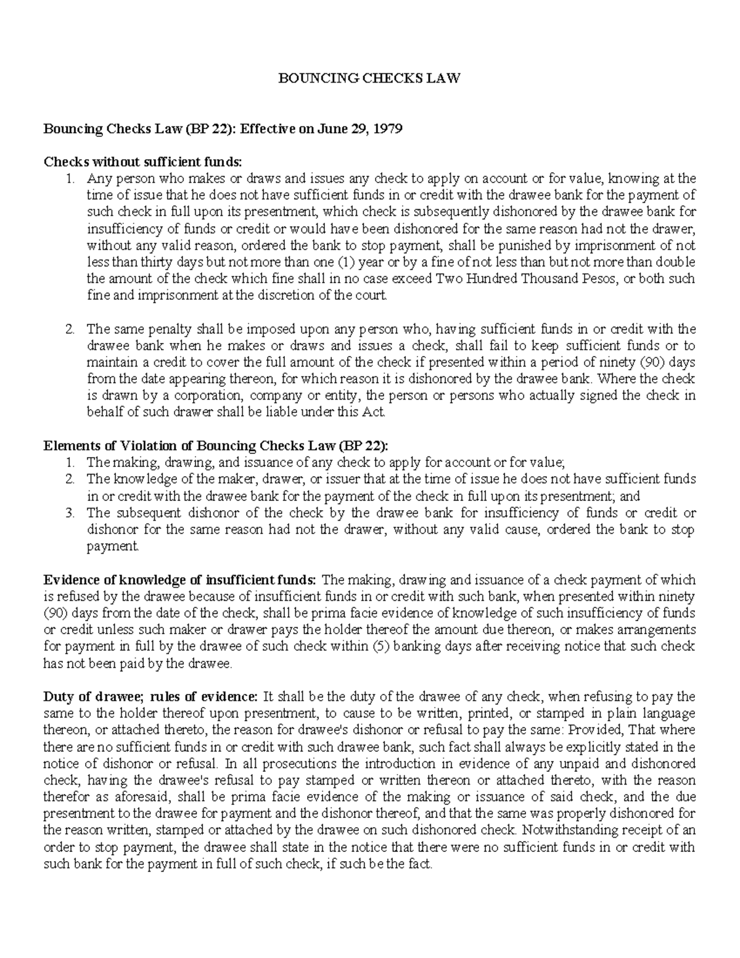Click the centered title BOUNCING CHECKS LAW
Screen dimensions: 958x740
pyautogui.click(x=370, y=79)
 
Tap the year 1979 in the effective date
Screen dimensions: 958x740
pyautogui.click(x=388, y=129)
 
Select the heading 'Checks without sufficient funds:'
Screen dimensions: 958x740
pyautogui.click(x=143, y=162)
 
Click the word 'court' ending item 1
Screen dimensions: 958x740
pyautogui.click(x=374, y=295)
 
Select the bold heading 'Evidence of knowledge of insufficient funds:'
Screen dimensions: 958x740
pyautogui.click(x=179, y=580)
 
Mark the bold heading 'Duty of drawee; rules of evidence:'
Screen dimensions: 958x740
pyautogui.click(x=150, y=697)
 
